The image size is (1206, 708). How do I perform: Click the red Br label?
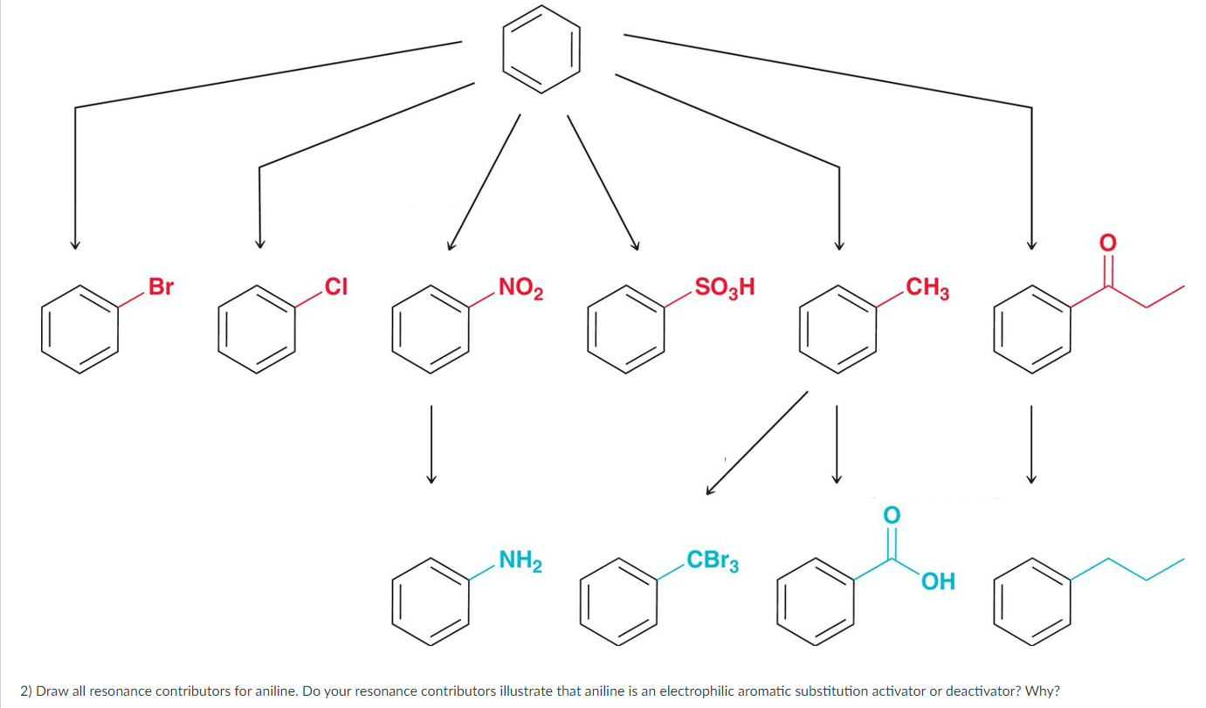tap(161, 286)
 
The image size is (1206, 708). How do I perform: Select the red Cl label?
tap(336, 286)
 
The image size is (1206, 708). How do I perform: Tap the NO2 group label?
tap(520, 287)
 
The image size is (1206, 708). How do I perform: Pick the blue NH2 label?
tap(520, 560)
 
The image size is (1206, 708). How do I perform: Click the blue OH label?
tap(937, 581)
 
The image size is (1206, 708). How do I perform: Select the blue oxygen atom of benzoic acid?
tap(891, 514)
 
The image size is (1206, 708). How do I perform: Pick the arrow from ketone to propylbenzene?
tap(1030, 443)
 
